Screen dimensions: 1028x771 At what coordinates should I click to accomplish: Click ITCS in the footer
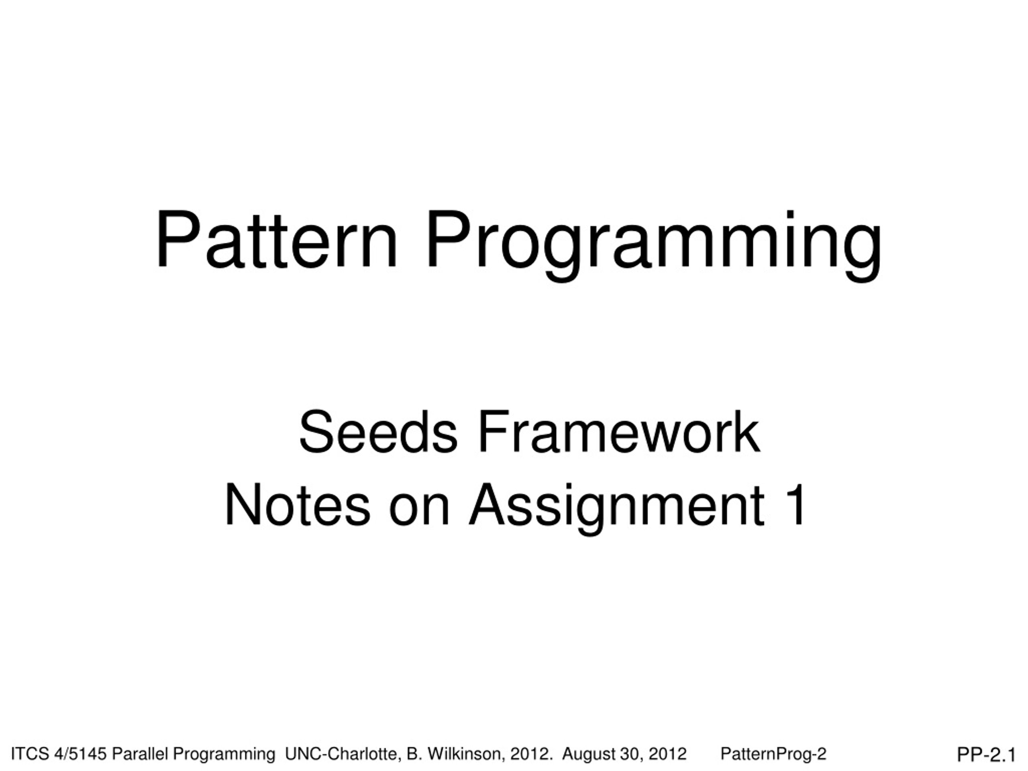[30, 754]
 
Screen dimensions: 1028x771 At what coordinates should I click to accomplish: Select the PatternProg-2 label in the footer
[773, 754]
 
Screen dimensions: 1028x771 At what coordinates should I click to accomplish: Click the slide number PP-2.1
[986, 755]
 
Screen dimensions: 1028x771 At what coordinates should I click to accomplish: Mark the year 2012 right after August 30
[668, 754]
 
